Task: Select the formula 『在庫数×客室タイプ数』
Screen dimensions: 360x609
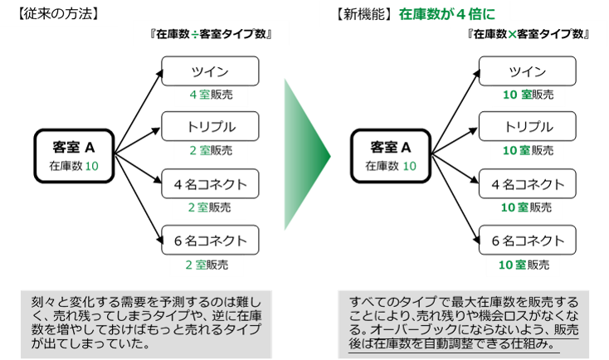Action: click(529, 35)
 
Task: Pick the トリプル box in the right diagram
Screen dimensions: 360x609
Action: click(528, 127)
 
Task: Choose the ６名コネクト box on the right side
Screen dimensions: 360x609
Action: click(528, 241)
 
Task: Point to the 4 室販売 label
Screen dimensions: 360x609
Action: click(211, 95)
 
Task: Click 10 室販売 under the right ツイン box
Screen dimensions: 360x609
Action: click(527, 95)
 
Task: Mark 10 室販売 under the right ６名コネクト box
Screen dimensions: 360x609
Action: click(527, 265)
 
